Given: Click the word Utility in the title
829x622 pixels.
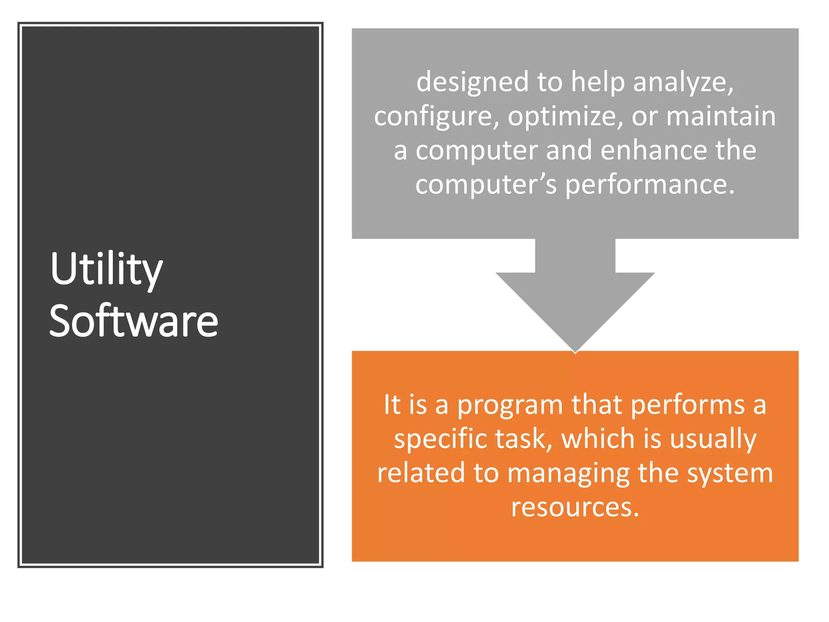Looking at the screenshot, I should (x=106, y=269).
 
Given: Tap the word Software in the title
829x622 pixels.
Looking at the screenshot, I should (x=134, y=321).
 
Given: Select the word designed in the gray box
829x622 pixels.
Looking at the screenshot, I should (x=472, y=82).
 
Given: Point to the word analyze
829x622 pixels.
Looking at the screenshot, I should (x=683, y=82).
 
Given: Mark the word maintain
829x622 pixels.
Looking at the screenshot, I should (x=721, y=117).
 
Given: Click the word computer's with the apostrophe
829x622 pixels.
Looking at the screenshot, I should (x=486, y=185).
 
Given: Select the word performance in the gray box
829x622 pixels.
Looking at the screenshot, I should (x=649, y=185).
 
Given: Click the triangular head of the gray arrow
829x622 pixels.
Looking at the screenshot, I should (x=575, y=308).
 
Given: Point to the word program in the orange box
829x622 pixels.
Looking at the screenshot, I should (x=510, y=405).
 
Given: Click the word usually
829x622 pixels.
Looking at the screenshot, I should (x=713, y=439).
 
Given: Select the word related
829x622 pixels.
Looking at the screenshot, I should (x=421, y=473).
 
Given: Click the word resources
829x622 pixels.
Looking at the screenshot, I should (x=575, y=507).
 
